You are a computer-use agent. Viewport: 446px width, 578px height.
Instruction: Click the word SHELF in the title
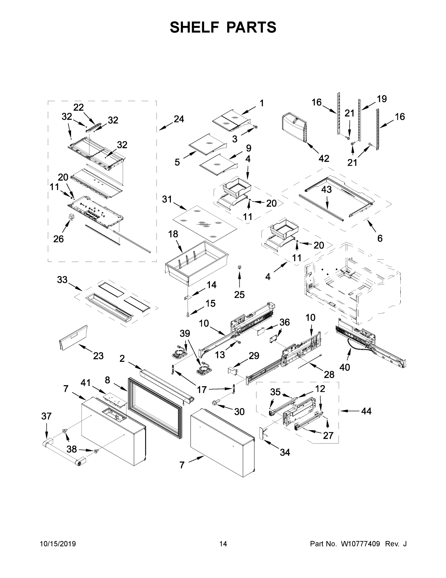coord(194,27)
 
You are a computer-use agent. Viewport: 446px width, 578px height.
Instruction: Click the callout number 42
coord(324,158)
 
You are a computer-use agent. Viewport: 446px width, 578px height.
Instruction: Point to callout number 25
coord(239,294)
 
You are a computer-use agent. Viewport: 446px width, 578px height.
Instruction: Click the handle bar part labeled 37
coord(63,453)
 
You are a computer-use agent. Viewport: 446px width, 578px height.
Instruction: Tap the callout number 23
coord(98,356)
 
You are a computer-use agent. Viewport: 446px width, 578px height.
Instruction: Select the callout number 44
coord(366,411)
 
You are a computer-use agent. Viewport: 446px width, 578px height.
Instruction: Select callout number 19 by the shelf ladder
coord(382,99)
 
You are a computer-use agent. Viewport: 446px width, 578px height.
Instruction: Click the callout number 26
coord(58,239)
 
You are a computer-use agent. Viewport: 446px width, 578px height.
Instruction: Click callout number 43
coord(326,190)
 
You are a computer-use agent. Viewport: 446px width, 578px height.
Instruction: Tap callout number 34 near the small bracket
coord(285,452)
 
